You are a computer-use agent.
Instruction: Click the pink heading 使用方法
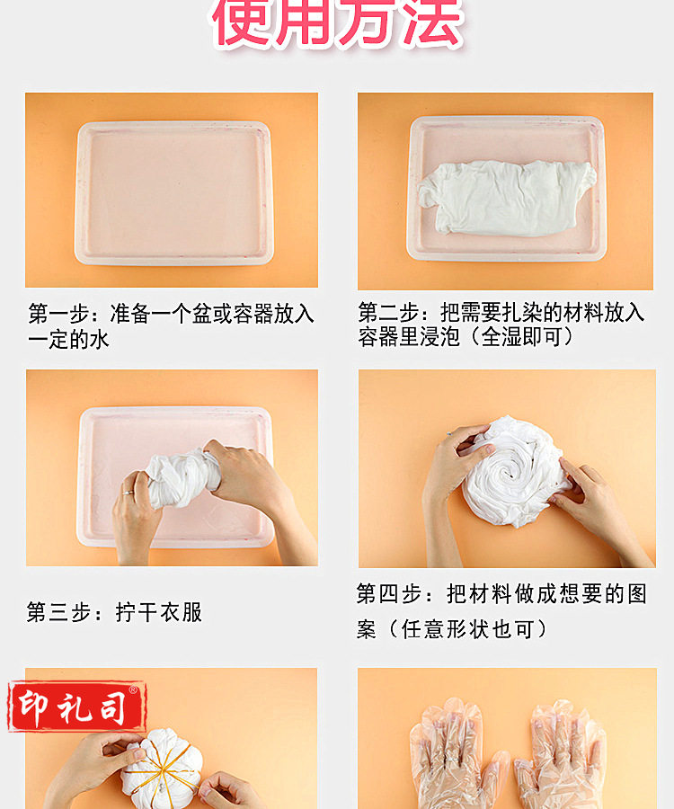[x=337, y=24]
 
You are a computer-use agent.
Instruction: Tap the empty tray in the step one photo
[x=173, y=192]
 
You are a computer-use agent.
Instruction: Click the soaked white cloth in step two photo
[x=507, y=198]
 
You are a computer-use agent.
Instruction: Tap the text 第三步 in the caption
[x=59, y=613]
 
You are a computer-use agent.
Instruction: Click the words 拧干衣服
[x=159, y=613]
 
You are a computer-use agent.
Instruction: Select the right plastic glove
[x=562, y=755]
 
